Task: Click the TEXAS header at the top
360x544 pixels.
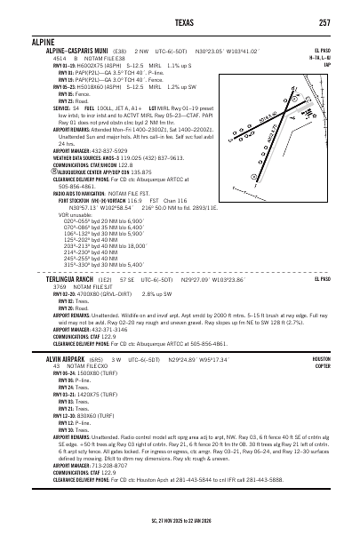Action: (179, 21)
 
